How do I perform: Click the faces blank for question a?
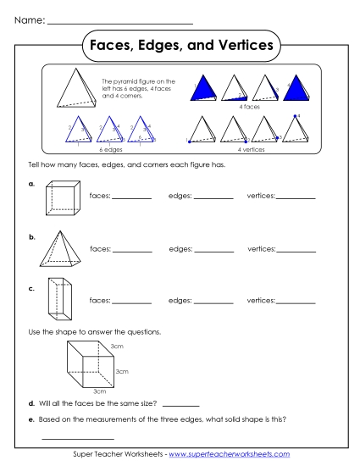coord(131,199)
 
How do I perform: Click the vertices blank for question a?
coord(295,199)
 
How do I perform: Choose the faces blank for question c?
coord(131,302)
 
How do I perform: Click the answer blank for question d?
coord(180,404)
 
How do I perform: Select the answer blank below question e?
coord(77,437)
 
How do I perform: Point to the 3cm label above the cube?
coord(119,347)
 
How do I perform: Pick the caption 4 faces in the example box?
coord(249,108)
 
